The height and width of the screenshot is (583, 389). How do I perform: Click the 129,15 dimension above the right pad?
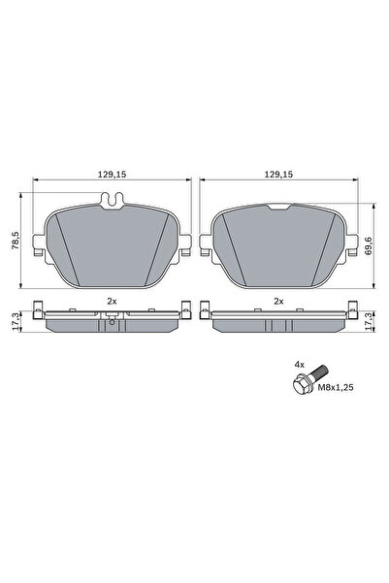pyautogui.click(x=278, y=176)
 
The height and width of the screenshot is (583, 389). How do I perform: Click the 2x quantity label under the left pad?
pyautogui.click(x=112, y=302)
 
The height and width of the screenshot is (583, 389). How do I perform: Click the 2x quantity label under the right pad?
pyautogui.click(x=278, y=302)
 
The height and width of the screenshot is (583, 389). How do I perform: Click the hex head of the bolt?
pyautogui.click(x=301, y=385)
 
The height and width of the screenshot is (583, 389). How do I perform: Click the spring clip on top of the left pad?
pyautogui.click(x=113, y=202)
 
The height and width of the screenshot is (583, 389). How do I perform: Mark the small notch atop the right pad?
pyautogui.click(x=278, y=206)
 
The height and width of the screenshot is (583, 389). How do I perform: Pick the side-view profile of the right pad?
pyautogui.click(x=278, y=319)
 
